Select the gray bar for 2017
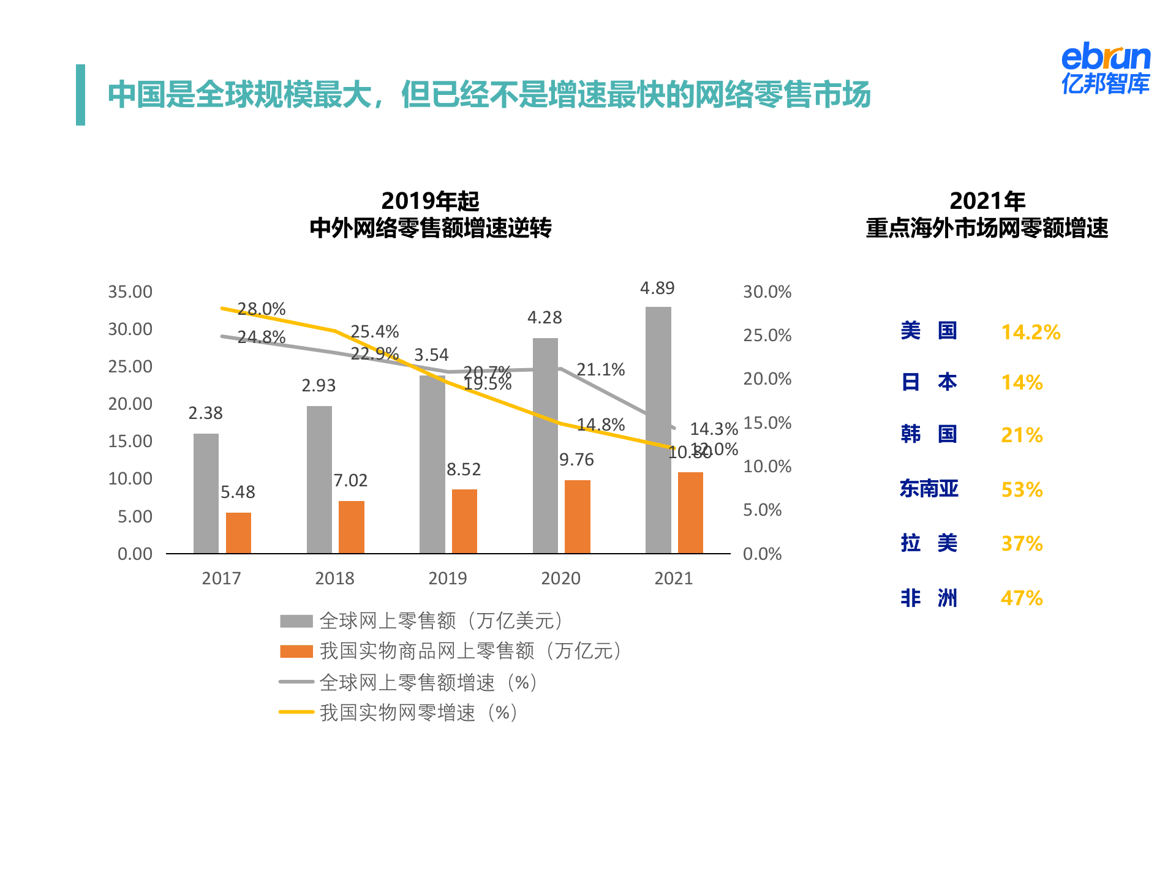206,493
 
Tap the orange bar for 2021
690,513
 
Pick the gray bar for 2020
545,445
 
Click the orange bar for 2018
352,527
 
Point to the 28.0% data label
262,309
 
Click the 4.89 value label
657,288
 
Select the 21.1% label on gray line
600,369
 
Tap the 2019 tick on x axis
447,578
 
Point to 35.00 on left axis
130,292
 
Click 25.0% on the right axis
767,335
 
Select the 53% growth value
1022,489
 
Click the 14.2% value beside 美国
1030,332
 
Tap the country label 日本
929,382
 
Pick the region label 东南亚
929,489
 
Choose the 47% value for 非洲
1022,598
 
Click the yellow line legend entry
398,712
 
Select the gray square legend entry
296,621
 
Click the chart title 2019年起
430,201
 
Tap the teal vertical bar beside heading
80,95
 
